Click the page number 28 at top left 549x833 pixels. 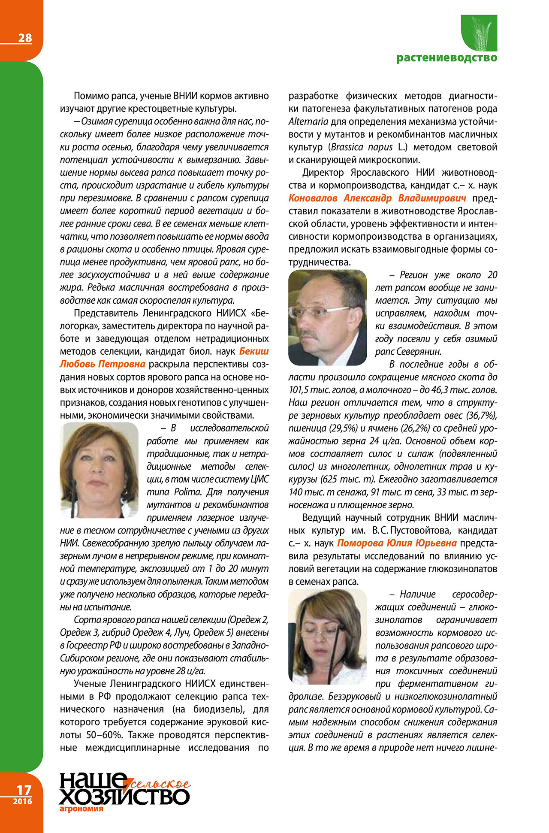(x=25, y=38)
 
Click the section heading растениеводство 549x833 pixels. (x=446, y=58)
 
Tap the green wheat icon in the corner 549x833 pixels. (x=479, y=33)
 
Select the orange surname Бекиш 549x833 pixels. (x=254, y=351)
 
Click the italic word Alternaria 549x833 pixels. (x=308, y=121)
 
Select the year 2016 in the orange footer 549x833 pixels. (x=22, y=801)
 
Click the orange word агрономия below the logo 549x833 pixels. (x=81, y=809)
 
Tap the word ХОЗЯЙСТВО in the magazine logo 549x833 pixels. (x=124, y=796)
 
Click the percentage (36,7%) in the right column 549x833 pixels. (x=477, y=415)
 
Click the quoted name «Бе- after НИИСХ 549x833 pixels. (x=260, y=313)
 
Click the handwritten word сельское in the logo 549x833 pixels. (x=161, y=785)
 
